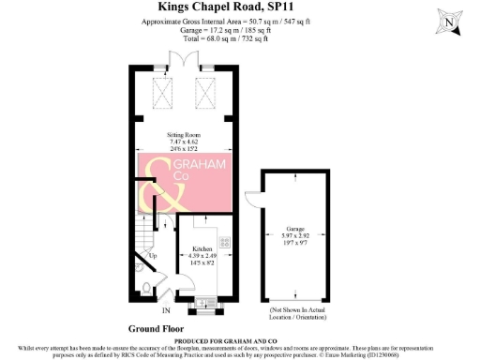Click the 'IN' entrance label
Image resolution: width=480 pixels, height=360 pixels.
pyautogui.click(x=166, y=310)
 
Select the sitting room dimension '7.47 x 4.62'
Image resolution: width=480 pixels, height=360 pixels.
pyautogui.click(x=187, y=142)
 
